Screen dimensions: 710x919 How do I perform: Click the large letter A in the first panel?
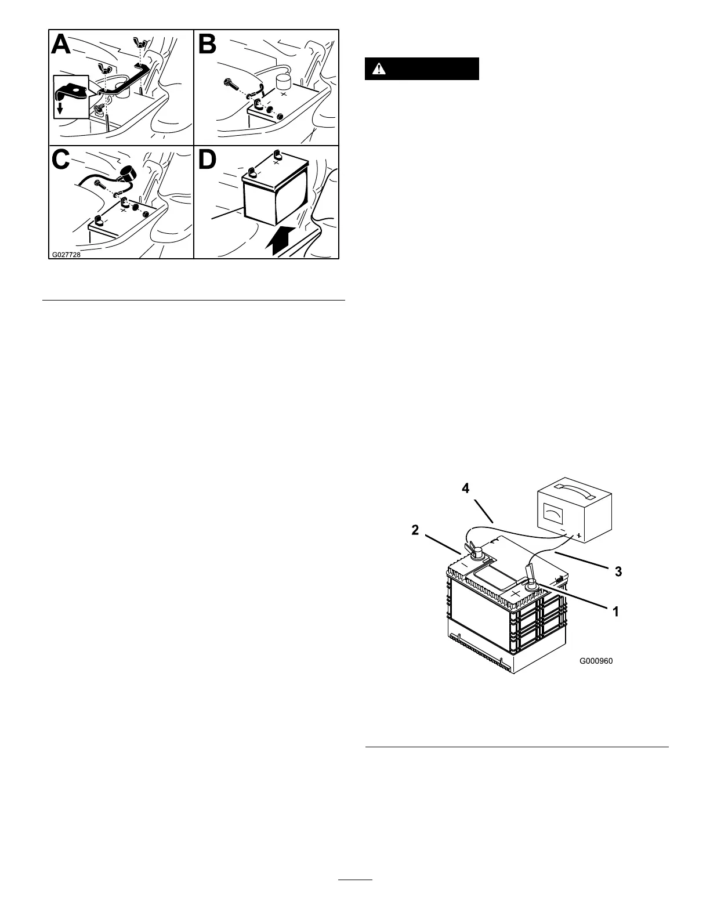point(62,44)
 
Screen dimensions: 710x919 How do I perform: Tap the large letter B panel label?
point(208,45)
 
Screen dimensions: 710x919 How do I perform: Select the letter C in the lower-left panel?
point(62,161)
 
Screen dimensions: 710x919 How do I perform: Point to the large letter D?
point(208,161)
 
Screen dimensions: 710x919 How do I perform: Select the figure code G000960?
point(596,660)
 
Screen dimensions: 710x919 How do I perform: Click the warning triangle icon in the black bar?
point(379,68)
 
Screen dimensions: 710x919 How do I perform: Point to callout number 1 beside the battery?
point(616,611)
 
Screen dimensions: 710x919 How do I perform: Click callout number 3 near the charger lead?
point(618,571)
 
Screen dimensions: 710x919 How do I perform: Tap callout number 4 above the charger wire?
point(465,489)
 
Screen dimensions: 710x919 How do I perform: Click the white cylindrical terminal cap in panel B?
point(282,81)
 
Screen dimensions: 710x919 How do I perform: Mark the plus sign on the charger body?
point(578,537)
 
